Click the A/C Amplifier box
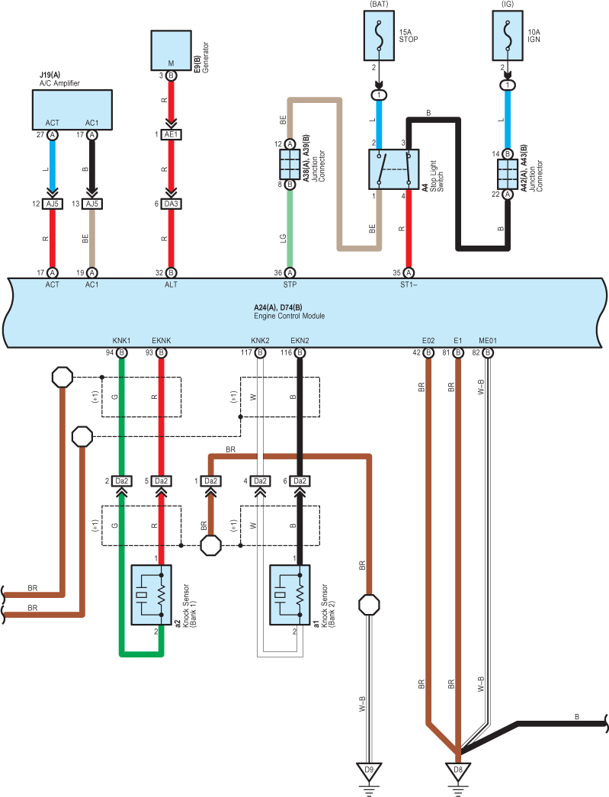pos(72,110)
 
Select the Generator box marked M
pos(171,50)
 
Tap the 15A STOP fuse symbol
pos(379,36)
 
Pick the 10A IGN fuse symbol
pos(508,36)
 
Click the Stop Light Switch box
pos(393,169)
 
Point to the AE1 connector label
pos(171,135)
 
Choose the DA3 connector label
pos(171,204)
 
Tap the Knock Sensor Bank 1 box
pos(152,595)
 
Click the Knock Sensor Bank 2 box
pos(290,595)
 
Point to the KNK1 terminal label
pos(121,341)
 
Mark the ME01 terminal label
pos(488,341)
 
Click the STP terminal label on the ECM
pos(290,284)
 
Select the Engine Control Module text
pos(290,317)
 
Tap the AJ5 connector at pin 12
pos(53,204)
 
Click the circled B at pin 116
pos(300,353)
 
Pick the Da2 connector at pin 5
pos(161,480)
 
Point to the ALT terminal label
pos(171,284)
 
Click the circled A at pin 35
pos(409,273)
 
